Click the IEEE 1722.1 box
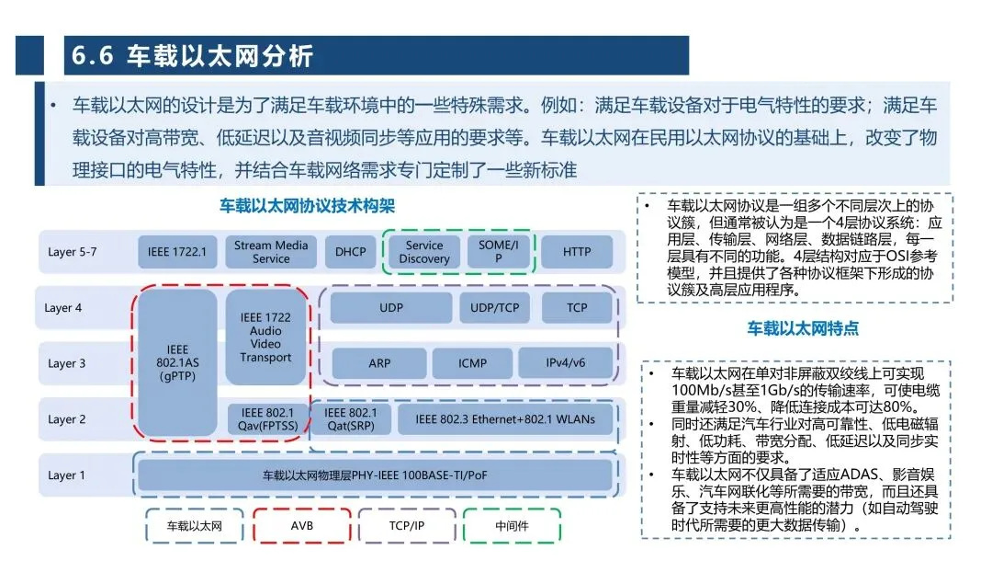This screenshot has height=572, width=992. click(x=177, y=251)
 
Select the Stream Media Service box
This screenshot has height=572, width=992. click(x=271, y=251)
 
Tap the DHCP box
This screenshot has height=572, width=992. click(x=350, y=251)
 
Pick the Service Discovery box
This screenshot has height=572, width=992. click(x=423, y=251)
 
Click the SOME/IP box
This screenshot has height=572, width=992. click(x=499, y=251)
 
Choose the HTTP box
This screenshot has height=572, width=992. click(x=577, y=251)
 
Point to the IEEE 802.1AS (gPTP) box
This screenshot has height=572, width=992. click(x=177, y=363)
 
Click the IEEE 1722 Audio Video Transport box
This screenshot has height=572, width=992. click(x=265, y=337)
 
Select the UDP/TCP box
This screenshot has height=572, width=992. click(x=495, y=308)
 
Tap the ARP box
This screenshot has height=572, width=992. click(x=379, y=363)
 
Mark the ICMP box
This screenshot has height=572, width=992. click(x=472, y=363)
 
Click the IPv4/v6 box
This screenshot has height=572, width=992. click(x=565, y=363)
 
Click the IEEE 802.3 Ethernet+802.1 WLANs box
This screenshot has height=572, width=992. click(x=504, y=419)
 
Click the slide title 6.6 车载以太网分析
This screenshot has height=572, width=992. click(x=193, y=56)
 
